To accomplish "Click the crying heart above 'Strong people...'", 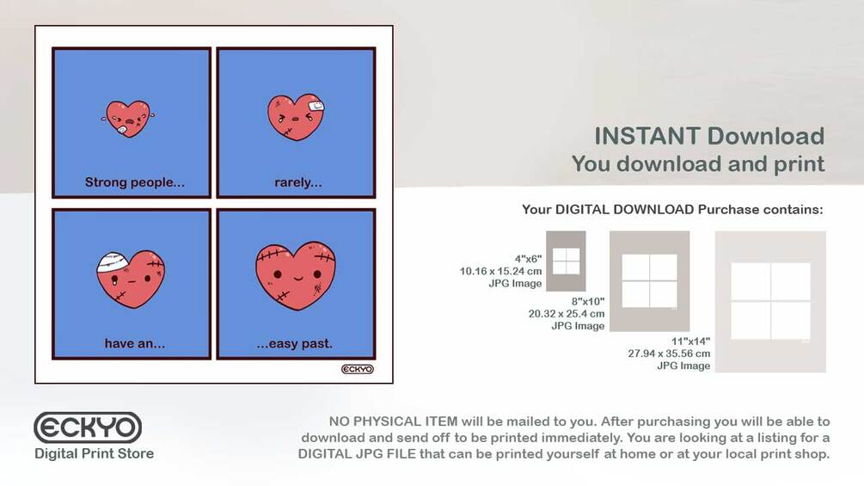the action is (x=128, y=119).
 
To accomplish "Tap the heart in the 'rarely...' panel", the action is (x=296, y=117).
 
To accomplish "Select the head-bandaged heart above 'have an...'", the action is (x=131, y=279).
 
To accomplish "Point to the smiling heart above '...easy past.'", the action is (x=296, y=275).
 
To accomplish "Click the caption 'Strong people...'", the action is (x=134, y=182).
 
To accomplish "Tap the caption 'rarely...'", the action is (x=298, y=182).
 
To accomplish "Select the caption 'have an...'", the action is (x=134, y=343).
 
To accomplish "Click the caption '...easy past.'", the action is (x=295, y=344).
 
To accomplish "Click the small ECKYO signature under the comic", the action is (x=358, y=369).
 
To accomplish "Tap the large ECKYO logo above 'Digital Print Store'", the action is (x=88, y=428).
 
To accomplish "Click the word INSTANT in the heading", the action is (x=646, y=136).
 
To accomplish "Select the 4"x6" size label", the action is (x=529, y=259).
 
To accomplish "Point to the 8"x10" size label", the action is (x=588, y=301).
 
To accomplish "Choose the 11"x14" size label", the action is (x=690, y=341).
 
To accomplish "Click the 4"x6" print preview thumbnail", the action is (x=566, y=261).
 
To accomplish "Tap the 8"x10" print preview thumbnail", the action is (x=650, y=281).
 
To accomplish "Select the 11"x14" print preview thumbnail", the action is (x=770, y=301).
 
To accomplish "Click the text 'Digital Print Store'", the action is (x=95, y=453).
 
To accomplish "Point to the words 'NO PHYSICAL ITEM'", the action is (x=393, y=421).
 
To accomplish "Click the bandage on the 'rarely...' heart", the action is (x=316, y=106).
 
